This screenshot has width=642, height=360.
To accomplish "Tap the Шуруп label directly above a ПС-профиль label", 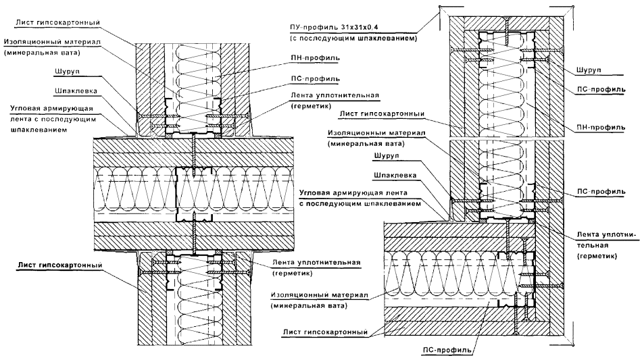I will (x=590, y=70).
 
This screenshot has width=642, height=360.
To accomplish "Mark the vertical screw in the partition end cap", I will (x=505, y=27).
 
